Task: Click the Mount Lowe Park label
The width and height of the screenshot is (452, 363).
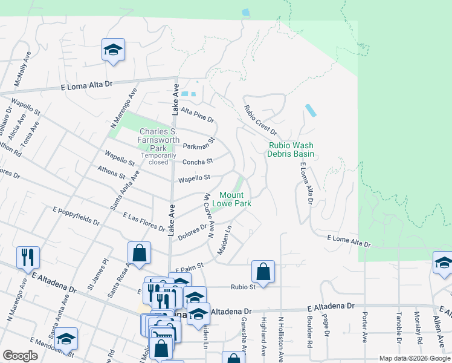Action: (235, 199)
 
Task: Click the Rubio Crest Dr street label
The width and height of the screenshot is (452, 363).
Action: (260, 120)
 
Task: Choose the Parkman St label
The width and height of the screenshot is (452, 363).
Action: (199, 146)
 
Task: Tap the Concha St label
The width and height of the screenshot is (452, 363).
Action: (198, 162)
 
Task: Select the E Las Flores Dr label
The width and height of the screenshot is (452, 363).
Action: (144, 222)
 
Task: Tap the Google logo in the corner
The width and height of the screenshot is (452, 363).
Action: (20, 356)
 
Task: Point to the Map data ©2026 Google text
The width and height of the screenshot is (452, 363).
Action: (415, 358)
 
